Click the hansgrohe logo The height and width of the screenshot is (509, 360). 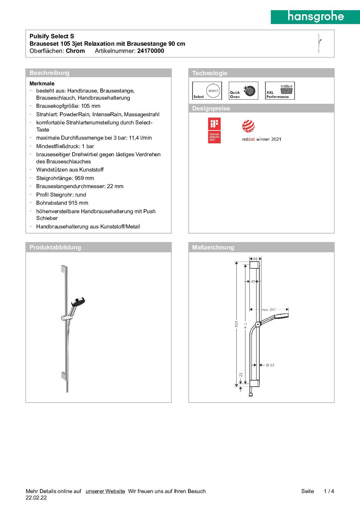click(315, 17)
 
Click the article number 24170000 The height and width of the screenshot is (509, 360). click(151, 51)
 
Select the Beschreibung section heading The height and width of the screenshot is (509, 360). click(49, 73)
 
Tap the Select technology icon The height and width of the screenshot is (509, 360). click(207, 91)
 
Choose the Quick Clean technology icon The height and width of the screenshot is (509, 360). click(243, 91)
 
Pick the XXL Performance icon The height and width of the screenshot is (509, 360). click(280, 91)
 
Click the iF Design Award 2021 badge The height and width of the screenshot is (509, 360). click(214, 130)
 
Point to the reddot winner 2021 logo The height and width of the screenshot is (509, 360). click(261, 131)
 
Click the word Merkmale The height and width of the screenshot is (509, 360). click(42, 83)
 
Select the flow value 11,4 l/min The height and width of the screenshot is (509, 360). click(140, 138)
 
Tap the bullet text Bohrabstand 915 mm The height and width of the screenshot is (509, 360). click(62, 203)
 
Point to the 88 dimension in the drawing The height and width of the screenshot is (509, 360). click(255, 259)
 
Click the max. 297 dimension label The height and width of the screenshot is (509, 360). click(269, 309)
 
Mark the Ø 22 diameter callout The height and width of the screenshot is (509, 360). click(270, 365)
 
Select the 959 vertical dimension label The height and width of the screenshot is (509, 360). click(237, 324)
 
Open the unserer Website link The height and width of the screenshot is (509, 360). click(105, 491)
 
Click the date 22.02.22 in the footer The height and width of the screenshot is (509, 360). click(36, 498)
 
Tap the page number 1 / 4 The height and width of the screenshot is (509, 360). click(329, 491)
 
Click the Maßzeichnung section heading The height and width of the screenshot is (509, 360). click(213, 247)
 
